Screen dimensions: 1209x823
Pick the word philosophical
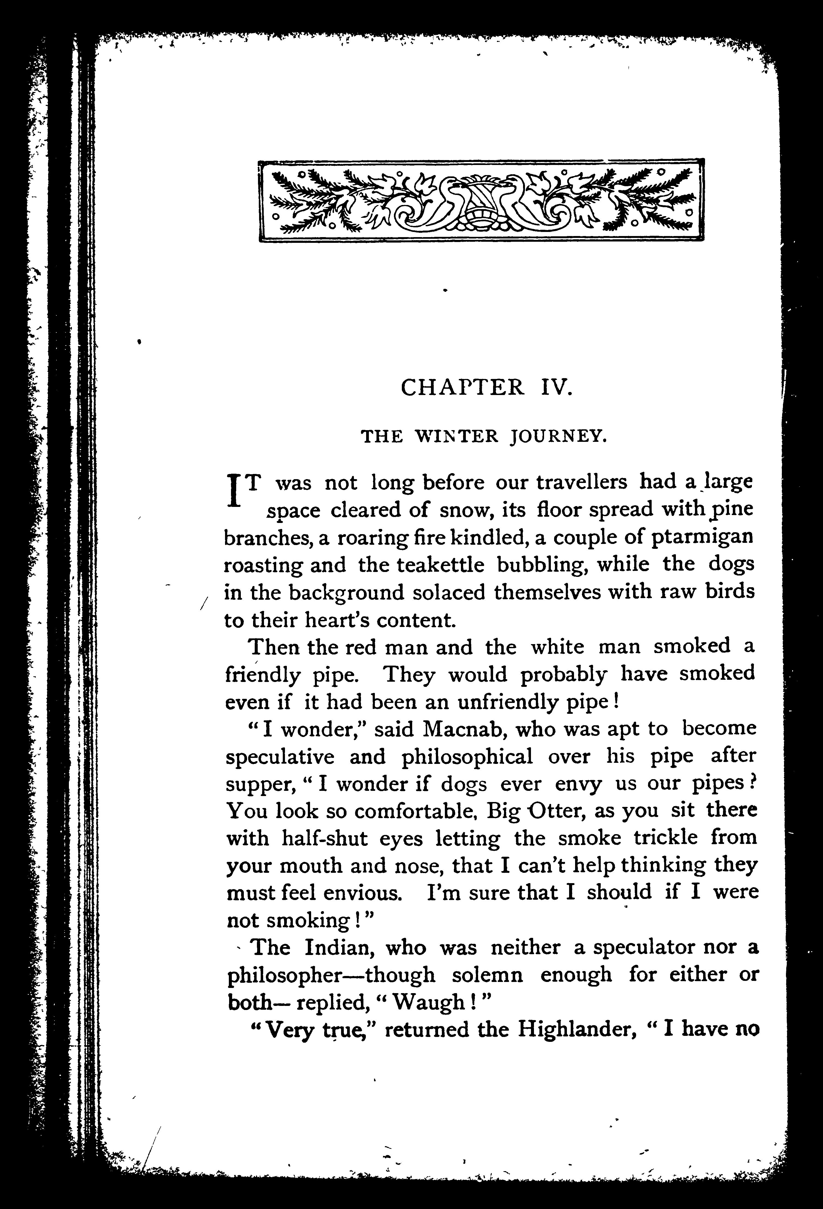tap(467, 756)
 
